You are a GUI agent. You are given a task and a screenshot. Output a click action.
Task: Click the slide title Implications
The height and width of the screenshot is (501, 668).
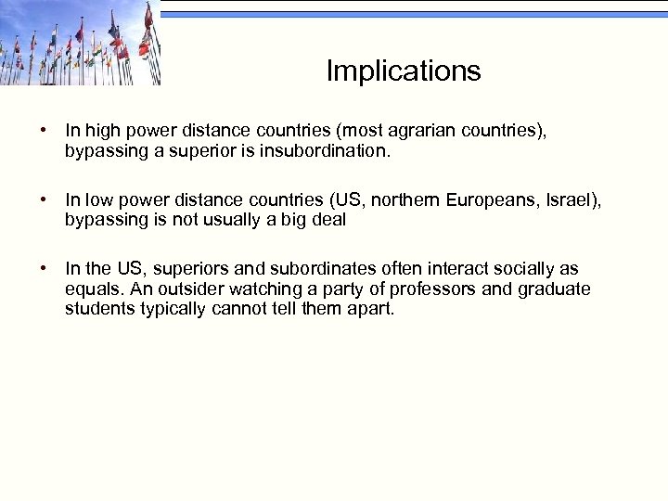(x=404, y=71)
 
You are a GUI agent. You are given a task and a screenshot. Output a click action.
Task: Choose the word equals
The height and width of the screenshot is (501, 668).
(x=91, y=289)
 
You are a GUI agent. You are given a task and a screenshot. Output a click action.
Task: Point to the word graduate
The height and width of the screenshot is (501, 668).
(x=555, y=289)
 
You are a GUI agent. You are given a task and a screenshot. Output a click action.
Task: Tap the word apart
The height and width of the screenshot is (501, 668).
(x=370, y=308)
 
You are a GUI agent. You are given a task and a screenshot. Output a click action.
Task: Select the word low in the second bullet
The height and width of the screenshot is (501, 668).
(x=96, y=200)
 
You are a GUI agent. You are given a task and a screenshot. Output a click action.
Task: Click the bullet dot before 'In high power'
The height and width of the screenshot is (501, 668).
(x=44, y=132)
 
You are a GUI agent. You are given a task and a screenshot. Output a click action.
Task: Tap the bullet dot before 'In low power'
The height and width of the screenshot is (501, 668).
(x=44, y=200)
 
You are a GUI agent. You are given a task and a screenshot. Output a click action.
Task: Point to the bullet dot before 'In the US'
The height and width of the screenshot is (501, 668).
(x=44, y=269)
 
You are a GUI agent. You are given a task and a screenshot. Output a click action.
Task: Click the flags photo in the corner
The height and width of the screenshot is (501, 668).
(x=80, y=43)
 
